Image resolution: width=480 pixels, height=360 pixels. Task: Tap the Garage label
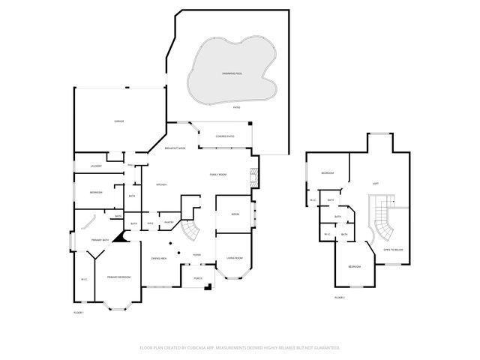coord(118,121)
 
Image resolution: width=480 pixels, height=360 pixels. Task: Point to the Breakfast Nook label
coord(176,148)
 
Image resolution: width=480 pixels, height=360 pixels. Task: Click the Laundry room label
coord(95,166)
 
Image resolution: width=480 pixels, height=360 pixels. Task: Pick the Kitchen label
coord(160,184)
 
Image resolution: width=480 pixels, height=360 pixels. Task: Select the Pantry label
coord(169,222)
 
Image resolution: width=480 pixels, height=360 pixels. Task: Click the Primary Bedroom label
coord(118,277)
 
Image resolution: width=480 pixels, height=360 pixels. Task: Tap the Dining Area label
coord(158,258)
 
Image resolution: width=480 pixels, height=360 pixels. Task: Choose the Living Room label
coord(234,258)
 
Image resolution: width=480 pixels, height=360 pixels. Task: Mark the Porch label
coord(198,278)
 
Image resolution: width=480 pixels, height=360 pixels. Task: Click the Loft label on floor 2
coord(374,182)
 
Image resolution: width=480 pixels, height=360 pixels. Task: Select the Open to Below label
coord(393,249)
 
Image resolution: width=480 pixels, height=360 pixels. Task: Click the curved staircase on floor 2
coord(383,217)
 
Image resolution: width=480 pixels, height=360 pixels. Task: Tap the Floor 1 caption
coord(78,311)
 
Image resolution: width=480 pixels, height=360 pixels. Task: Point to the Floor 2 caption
coord(339,297)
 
